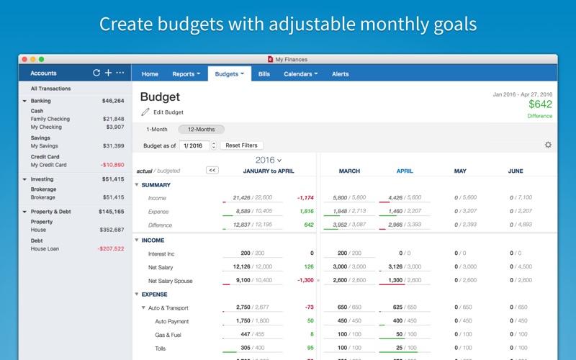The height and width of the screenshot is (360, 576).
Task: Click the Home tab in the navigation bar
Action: point(150,73)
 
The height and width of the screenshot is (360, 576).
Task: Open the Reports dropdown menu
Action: point(186,73)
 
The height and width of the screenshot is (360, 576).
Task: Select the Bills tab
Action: point(264,73)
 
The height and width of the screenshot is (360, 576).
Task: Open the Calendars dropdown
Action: point(300,73)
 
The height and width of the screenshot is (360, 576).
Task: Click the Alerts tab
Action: point(340,73)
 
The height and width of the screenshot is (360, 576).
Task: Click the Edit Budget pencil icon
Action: point(145,112)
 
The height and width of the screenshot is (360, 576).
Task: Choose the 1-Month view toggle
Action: point(157,130)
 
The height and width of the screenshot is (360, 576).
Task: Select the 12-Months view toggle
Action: point(201,130)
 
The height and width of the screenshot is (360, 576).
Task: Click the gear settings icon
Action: point(548,145)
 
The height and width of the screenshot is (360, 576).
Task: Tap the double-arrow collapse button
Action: point(212,171)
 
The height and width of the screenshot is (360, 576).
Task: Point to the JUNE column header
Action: point(516,171)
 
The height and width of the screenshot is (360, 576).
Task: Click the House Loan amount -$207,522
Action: point(110,249)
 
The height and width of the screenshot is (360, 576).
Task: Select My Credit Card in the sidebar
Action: point(48,165)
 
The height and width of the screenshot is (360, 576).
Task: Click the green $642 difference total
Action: point(539,104)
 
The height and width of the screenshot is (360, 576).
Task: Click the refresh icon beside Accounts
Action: point(96,73)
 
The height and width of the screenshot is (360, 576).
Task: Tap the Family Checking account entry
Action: point(50,119)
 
